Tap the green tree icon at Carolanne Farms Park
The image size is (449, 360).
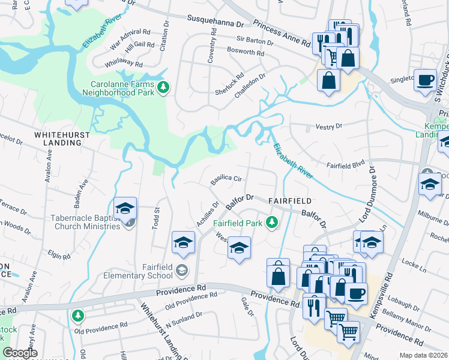click(163, 89)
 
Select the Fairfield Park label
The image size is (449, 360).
click(238, 223)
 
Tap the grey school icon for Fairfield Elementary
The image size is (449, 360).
click(182, 271)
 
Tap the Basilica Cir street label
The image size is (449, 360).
click(226, 179)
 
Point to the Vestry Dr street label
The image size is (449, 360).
click(328, 127)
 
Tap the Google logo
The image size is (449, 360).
click(20, 353)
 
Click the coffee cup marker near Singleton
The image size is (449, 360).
click(426, 80)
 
